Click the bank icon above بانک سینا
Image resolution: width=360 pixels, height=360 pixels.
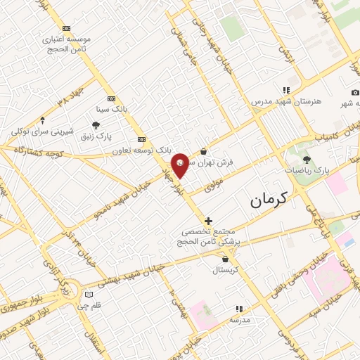(x=111, y=99)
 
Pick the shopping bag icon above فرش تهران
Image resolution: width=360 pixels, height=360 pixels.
(x=203, y=151)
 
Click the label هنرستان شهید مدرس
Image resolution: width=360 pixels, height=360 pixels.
(x=286, y=101)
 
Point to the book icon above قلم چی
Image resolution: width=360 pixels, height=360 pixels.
(x=88, y=295)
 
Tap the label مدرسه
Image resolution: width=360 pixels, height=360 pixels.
(x=239, y=319)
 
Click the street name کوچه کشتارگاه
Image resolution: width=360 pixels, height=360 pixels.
(x=32, y=150)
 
